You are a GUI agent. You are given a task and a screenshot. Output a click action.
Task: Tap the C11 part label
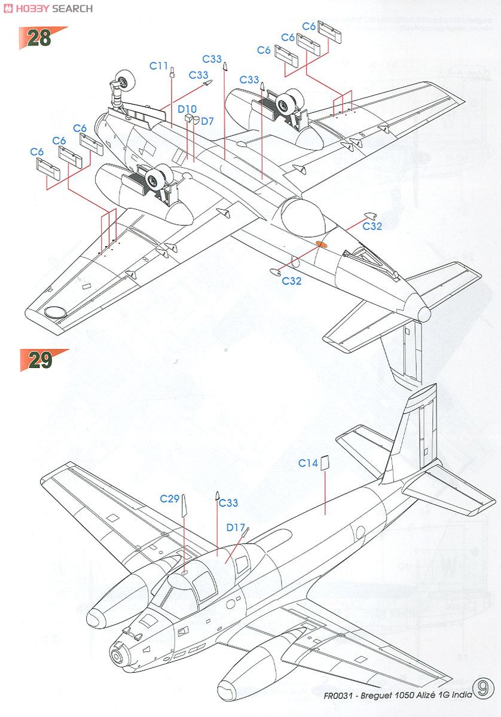158,66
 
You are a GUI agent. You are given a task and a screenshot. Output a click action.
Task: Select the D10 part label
187,109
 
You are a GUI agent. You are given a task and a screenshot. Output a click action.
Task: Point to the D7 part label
207,121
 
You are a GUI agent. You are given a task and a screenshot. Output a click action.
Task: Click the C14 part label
308,462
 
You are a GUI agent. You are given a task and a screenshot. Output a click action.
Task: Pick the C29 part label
170,498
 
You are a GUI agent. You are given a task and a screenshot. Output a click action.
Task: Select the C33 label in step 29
228,503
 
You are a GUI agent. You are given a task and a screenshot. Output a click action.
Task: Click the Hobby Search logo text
48,8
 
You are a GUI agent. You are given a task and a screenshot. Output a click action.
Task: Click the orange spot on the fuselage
320,244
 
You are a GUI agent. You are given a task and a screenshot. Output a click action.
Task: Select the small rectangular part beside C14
325,463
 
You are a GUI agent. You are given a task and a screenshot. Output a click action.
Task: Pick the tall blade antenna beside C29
184,507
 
